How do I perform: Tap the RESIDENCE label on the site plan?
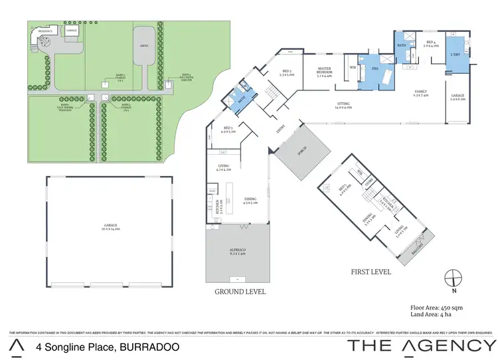44,31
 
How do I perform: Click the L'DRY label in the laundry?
456,54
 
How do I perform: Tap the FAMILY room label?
421,92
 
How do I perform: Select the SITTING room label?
343,103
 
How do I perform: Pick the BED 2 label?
287,71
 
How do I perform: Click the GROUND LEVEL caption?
240,291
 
